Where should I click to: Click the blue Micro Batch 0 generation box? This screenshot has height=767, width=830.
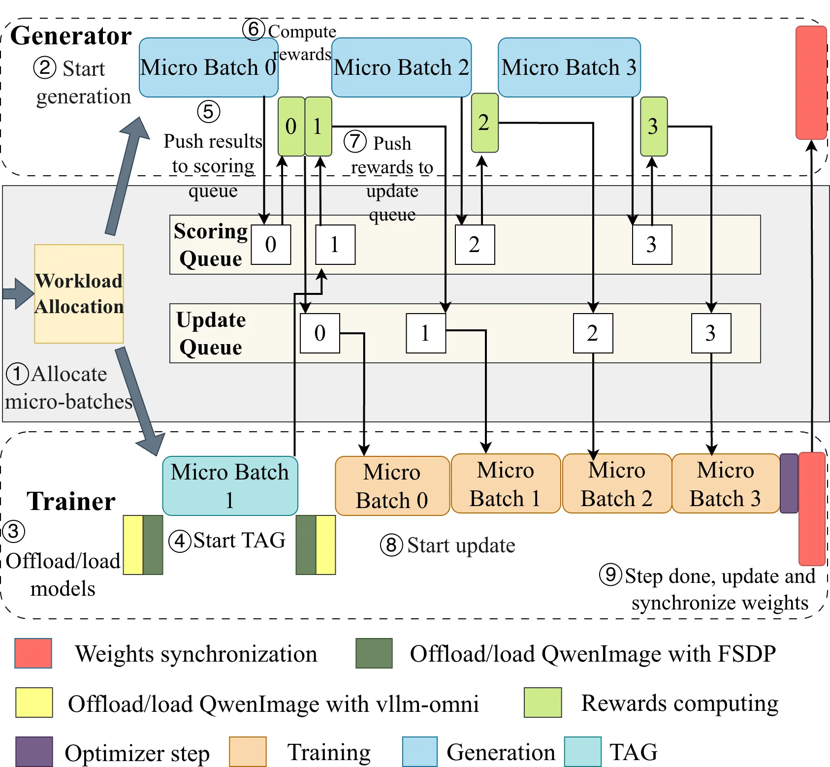pyautogui.click(x=209, y=67)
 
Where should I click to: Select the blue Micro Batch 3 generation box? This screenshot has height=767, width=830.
pyautogui.click(x=569, y=67)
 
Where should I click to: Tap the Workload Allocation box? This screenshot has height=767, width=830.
pyautogui.click(x=79, y=294)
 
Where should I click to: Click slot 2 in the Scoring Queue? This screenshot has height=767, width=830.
pyautogui.click(x=475, y=245)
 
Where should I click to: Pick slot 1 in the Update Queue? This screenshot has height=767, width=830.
pyautogui.click(x=426, y=333)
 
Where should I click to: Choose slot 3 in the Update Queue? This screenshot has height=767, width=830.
pyautogui.click(x=711, y=333)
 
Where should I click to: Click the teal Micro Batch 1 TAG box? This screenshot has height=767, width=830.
pyautogui.click(x=230, y=486)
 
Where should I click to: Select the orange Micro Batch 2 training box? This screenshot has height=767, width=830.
pyautogui.click(x=617, y=484)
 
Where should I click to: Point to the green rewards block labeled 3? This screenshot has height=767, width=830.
pyautogui.click(x=654, y=127)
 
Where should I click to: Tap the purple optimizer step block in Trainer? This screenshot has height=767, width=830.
pyautogui.click(x=789, y=483)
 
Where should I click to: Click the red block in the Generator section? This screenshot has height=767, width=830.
pyautogui.click(x=811, y=83)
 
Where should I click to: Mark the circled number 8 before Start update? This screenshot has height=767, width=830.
pyautogui.click(x=391, y=545)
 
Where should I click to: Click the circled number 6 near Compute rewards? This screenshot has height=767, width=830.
pyautogui.click(x=254, y=29)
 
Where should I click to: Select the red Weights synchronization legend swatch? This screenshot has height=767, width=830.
pyautogui.click(x=33, y=653)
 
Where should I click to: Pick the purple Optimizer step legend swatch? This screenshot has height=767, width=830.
pyautogui.click(x=34, y=752)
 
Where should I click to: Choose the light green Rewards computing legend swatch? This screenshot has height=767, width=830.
pyautogui.click(x=543, y=703)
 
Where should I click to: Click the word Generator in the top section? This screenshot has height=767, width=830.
pyautogui.click(x=71, y=36)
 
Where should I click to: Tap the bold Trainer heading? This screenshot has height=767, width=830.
pyautogui.click(x=71, y=501)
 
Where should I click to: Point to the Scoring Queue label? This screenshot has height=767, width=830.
pyautogui.click(x=211, y=245)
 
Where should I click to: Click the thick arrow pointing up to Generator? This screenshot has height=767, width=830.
pyautogui.click(x=128, y=176)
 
